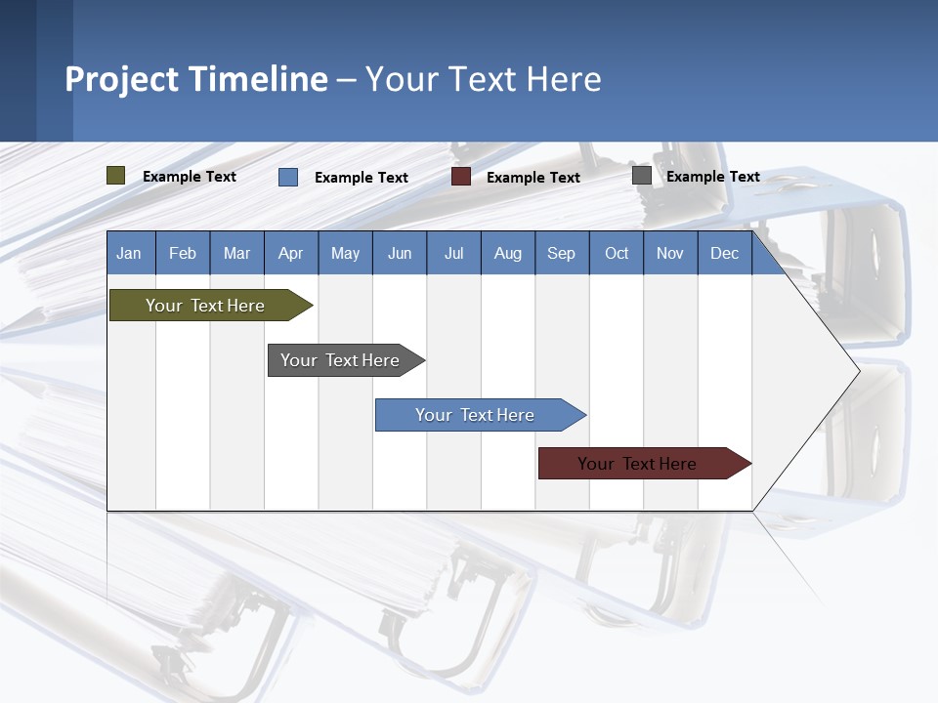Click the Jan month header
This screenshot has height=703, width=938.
coord(130,253)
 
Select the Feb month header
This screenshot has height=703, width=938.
coord(183,253)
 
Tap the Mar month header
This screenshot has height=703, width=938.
coord(236,253)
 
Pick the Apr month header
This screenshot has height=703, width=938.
coord(291,253)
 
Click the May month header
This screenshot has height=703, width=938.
coord(345,253)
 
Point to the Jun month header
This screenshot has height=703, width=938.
coord(400,253)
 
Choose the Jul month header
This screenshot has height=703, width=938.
coord(453,253)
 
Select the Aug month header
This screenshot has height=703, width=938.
coord(508,253)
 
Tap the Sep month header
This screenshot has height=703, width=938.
coord(562,253)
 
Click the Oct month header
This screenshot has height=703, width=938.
coord(617,253)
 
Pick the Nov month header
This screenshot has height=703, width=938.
coord(670,253)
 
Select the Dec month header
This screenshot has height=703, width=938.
coord(725,253)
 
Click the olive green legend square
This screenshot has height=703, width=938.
coord(116,176)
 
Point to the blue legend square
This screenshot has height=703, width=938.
coord(288,177)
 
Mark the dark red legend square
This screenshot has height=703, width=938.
coord(461,177)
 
